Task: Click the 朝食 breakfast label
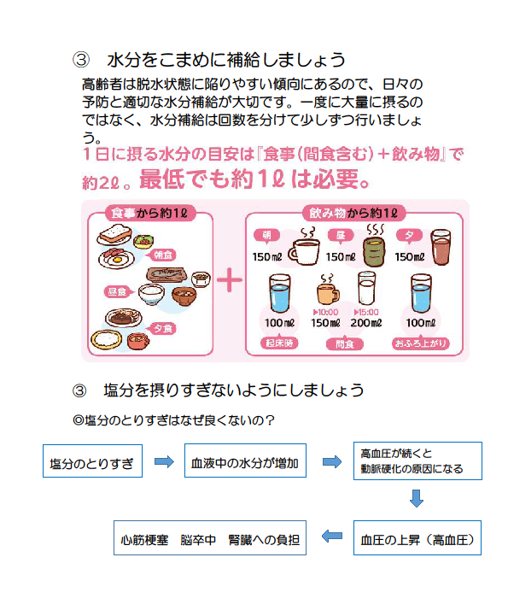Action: coord(162,255)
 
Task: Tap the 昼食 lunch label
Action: coord(117,291)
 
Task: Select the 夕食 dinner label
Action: coord(162,328)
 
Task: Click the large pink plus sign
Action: coord(230,280)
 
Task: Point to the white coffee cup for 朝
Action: coord(304,251)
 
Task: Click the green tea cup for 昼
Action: coord(374,251)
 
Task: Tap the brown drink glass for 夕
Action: coord(441,248)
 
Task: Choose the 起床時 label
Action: coord(279,343)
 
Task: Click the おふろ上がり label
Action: coord(420,343)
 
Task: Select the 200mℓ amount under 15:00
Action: coord(366,323)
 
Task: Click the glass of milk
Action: coord(366,289)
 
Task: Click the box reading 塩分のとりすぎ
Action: coord(93,461)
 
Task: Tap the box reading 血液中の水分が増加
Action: coord(245,461)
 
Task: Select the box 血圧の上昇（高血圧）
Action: coord(417,537)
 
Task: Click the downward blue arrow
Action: coord(416,498)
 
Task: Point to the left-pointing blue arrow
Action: coord(332,536)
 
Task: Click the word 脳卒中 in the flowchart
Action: coord(198,540)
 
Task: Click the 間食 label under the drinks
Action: coord(345,344)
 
